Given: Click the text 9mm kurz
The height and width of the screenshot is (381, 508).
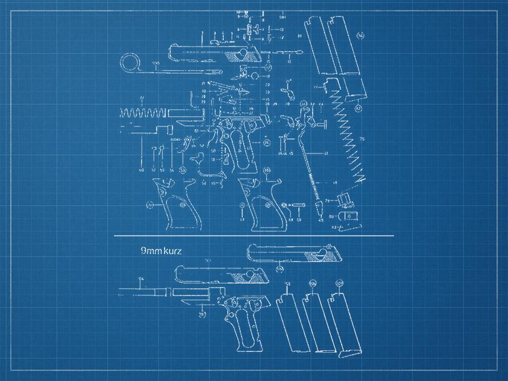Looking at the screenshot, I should tap(161, 251).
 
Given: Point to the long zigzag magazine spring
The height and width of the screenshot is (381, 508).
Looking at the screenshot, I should tap(348, 142).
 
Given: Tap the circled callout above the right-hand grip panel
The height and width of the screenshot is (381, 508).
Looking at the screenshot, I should tap(267, 171).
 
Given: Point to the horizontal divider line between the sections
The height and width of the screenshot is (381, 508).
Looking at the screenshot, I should tap(253, 235).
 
